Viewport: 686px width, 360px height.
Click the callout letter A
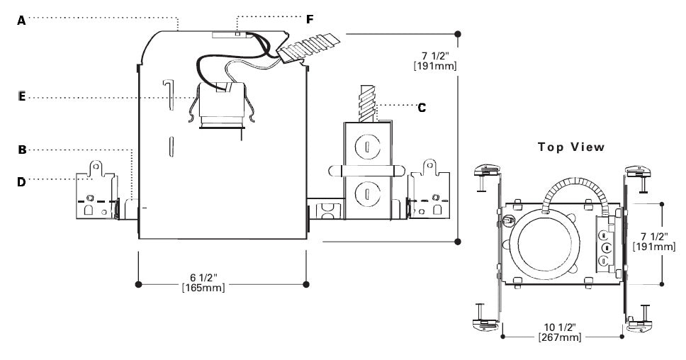tap(21, 21)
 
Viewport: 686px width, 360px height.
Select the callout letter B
tap(21, 150)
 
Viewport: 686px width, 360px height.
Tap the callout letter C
tap(422, 108)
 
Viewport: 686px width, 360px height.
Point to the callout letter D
tap(21, 182)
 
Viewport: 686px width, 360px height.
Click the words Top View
tap(570, 147)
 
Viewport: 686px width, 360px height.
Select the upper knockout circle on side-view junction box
tap(367, 147)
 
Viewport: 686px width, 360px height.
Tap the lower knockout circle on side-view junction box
tap(367, 189)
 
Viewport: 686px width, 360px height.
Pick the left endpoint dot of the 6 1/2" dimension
tap(138, 284)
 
